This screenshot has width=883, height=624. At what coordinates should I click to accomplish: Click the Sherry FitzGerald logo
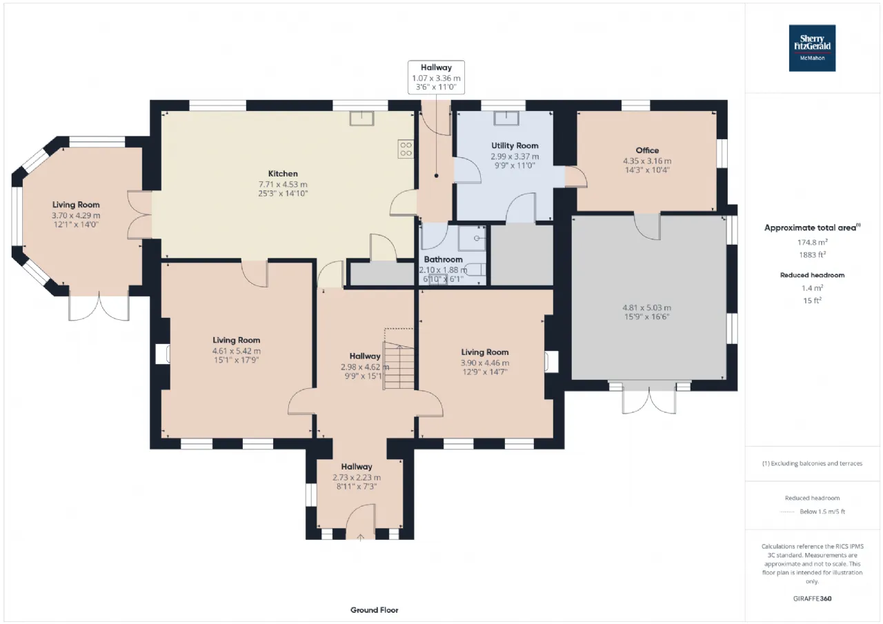pos(812,48)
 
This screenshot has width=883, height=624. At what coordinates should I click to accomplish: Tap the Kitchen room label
pos(283,173)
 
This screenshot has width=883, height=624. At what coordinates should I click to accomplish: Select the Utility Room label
pos(515,145)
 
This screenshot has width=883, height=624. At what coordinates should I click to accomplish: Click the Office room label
pos(647,150)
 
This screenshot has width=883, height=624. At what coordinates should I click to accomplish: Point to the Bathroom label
pos(443,259)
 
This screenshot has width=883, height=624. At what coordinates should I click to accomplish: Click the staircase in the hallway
pos(399,365)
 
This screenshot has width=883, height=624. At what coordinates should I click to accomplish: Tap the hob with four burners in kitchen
pos(406,149)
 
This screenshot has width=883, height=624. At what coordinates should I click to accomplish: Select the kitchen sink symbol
pos(361,118)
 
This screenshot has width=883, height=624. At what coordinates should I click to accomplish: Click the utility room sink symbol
pos(506,118)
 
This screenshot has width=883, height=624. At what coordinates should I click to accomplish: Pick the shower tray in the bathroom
pos(472,239)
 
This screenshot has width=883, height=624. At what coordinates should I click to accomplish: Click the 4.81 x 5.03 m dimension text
pos(646,308)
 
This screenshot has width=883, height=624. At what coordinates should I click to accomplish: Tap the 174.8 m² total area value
pos(813,242)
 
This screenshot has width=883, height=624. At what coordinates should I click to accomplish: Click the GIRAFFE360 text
pos(812,598)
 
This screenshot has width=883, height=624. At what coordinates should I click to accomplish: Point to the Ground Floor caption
pos(374,610)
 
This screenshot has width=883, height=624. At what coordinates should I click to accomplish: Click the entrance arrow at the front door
pos(360,537)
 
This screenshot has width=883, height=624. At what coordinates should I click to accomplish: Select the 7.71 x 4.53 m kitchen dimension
pos(283,184)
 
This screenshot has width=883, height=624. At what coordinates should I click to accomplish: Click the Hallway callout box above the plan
pos(436,77)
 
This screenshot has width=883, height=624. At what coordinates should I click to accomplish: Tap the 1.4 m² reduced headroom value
pos(812,288)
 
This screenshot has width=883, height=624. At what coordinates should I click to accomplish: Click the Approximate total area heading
pos(812,228)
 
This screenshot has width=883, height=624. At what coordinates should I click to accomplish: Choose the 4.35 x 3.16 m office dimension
pos(647,161)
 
